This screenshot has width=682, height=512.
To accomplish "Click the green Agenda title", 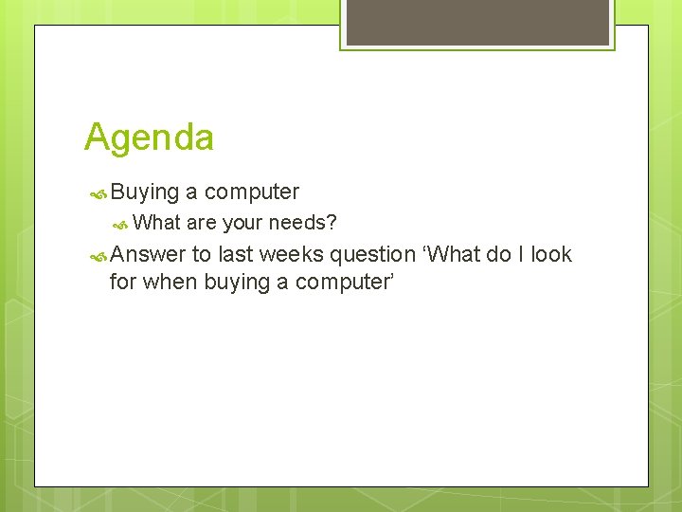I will coord(149,137).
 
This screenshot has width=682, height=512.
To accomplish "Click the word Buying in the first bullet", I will coord(145,192).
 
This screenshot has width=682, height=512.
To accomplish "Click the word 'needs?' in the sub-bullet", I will coord(303,224).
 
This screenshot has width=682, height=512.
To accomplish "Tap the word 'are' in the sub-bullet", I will coord(202,224).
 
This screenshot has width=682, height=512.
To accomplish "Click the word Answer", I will coord(148,255).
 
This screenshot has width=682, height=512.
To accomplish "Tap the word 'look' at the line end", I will coord(551,254).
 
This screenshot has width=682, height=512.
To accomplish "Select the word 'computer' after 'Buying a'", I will coord(252,192).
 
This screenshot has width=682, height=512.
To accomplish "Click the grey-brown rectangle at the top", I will coord(477,22).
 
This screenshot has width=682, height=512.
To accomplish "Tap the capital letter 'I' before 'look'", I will coord(520,254).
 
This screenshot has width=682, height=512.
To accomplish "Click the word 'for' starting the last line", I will coord(123,282).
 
